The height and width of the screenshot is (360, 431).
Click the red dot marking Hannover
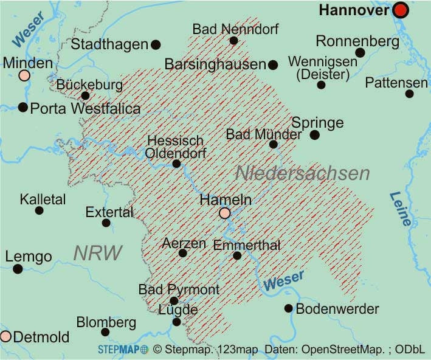click(400, 10)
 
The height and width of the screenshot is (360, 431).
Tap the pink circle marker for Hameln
click(225, 213)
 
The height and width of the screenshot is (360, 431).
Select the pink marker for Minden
click(24, 75)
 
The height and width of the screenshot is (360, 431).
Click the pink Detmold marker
click(5, 336)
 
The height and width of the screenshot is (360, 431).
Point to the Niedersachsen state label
click(302, 173)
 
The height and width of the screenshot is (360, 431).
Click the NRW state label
click(98, 253)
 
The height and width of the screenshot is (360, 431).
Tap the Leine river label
click(401, 209)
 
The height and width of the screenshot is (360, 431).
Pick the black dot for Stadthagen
click(156, 44)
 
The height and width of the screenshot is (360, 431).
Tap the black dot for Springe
click(314, 135)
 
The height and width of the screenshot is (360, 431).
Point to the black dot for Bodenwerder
click(289, 308)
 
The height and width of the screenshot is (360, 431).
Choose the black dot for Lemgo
click(18, 269)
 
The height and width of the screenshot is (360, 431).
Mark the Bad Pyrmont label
click(179, 289)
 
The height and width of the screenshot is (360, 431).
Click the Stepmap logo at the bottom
click(123, 350)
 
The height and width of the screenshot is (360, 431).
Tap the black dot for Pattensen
click(409, 94)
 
